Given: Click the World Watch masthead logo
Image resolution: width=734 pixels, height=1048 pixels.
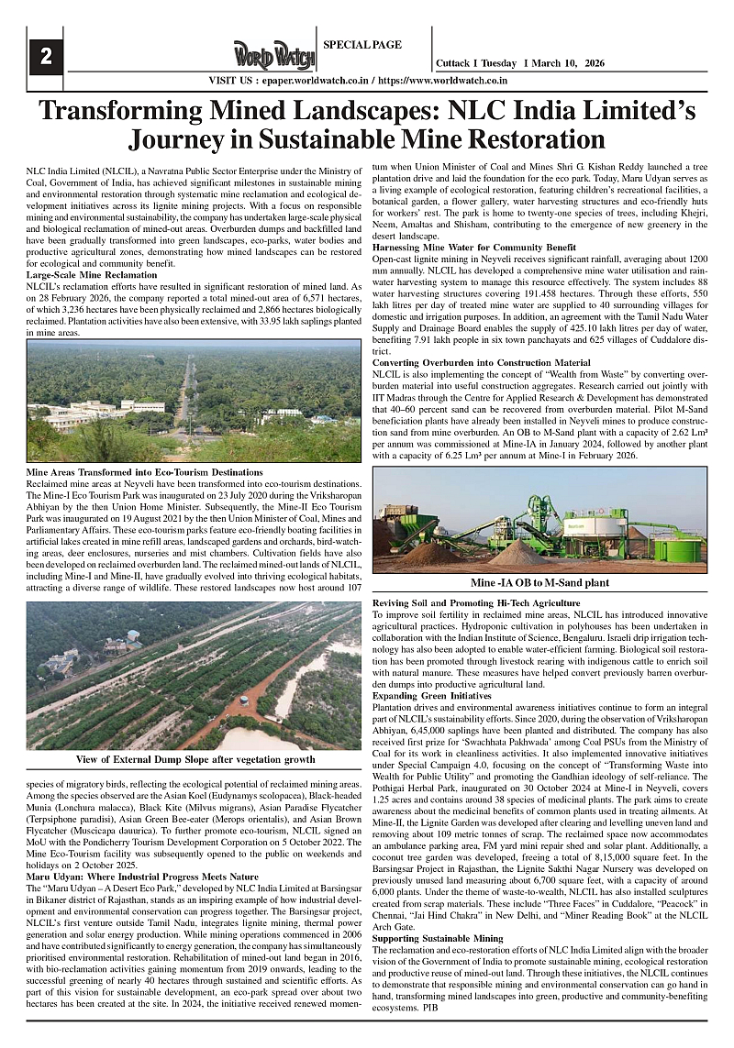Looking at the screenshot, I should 274,57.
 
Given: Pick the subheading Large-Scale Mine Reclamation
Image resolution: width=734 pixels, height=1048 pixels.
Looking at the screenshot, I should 91,275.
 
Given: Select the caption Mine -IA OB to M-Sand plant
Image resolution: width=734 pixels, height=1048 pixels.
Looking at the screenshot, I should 539,582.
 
